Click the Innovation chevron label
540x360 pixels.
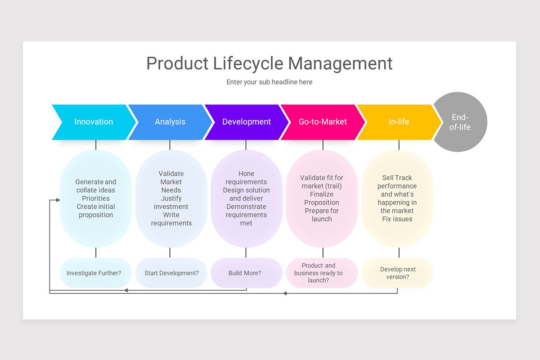click(x=94, y=122)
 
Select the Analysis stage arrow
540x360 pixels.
click(x=170, y=122)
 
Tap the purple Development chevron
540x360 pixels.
click(x=246, y=122)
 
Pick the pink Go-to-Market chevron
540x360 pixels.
click(x=322, y=122)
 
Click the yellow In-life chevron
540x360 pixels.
click(x=399, y=122)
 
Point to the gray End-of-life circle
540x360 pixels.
click(x=460, y=122)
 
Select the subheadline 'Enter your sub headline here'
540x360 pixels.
click(x=269, y=82)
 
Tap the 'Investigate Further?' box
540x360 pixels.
click(x=94, y=273)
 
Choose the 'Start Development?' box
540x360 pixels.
click(x=171, y=273)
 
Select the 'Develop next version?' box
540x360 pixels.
click(x=397, y=273)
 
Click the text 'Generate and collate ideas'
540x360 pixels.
click(x=95, y=186)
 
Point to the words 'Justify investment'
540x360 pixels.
click(x=171, y=202)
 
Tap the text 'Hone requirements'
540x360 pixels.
click(x=246, y=178)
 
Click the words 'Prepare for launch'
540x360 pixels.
click(x=322, y=215)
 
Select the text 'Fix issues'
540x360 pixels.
click(x=397, y=219)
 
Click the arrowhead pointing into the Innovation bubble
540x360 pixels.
click(x=58, y=199)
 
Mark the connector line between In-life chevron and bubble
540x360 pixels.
click(x=399, y=145)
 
